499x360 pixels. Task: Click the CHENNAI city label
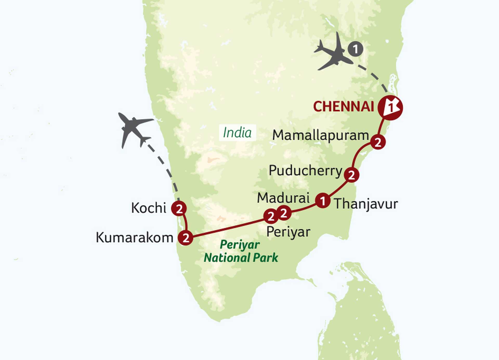pyautogui.click(x=343, y=106)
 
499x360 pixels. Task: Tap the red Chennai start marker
pyautogui.click(x=390, y=108)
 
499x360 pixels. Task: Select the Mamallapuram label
pyautogui.click(x=320, y=136)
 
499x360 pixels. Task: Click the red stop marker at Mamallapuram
pyautogui.click(x=378, y=142)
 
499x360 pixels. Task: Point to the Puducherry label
pyautogui.click(x=306, y=171)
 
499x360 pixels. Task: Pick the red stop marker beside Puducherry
pyautogui.click(x=351, y=175)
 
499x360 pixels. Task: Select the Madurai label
pyautogui.click(x=283, y=198)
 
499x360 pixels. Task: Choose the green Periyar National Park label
pyautogui.click(x=241, y=251)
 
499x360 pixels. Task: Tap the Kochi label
pyautogui.click(x=149, y=208)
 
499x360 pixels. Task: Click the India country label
pyautogui.click(x=237, y=133)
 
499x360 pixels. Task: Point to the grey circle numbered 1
pyautogui.click(x=355, y=49)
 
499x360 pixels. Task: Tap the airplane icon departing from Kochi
pyautogui.click(x=134, y=129)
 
